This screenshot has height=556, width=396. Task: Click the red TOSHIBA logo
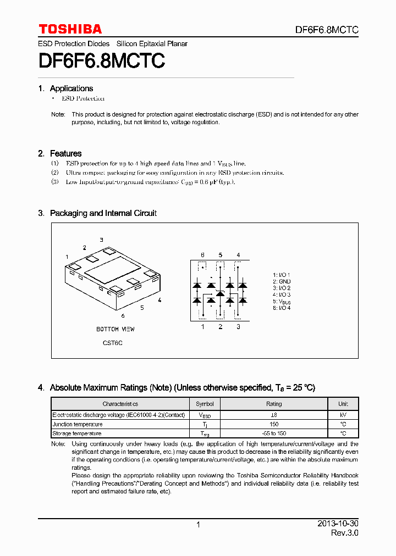(x=70, y=29)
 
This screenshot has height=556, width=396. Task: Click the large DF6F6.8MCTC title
(x=101, y=60)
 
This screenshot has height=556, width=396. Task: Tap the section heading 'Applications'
(x=71, y=88)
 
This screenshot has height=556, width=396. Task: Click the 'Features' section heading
(x=65, y=153)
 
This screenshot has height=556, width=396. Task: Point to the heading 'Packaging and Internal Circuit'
(x=103, y=213)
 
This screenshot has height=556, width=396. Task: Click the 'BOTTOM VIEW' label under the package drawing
(x=115, y=329)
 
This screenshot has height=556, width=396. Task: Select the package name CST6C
(x=113, y=343)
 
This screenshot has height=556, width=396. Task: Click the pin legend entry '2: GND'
(x=282, y=281)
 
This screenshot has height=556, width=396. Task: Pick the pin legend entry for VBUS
(x=282, y=301)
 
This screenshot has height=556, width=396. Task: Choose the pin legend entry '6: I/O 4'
(x=282, y=308)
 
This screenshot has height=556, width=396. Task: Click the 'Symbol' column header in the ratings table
(x=205, y=404)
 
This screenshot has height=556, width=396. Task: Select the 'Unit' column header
(x=343, y=404)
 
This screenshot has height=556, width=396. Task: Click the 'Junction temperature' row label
(x=78, y=424)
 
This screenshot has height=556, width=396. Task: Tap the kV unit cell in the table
(x=343, y=415)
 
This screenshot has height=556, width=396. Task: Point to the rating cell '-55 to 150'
(x=274, y=433)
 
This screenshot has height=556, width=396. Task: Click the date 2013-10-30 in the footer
(x=338, y=524)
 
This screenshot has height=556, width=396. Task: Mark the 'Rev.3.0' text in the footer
(x=345, y=533)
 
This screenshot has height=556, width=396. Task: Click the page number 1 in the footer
(x=198, y=525)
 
